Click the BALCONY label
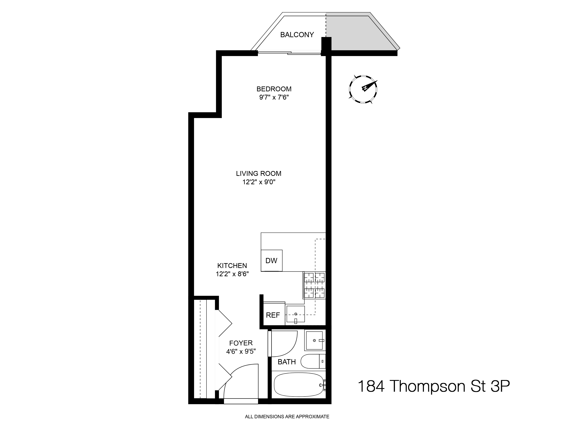pos(297,35)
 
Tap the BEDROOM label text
pos(274,89)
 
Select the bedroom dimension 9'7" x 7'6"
pos(274,97)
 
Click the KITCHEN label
pos(232,266)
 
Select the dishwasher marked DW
pos(271,261)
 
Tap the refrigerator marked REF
pos(273,315)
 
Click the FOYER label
pos(241,343)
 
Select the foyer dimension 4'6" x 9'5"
pos(241,351)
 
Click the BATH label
pos(287,362)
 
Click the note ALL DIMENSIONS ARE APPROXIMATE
pos(287,417)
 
